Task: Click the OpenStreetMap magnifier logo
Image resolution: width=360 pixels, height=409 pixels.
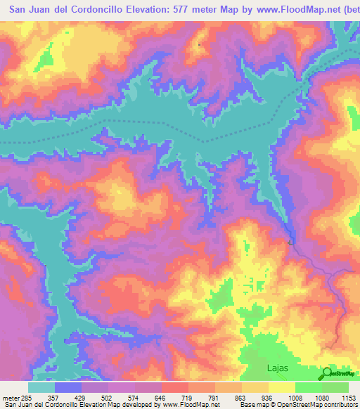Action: point(328,372)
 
